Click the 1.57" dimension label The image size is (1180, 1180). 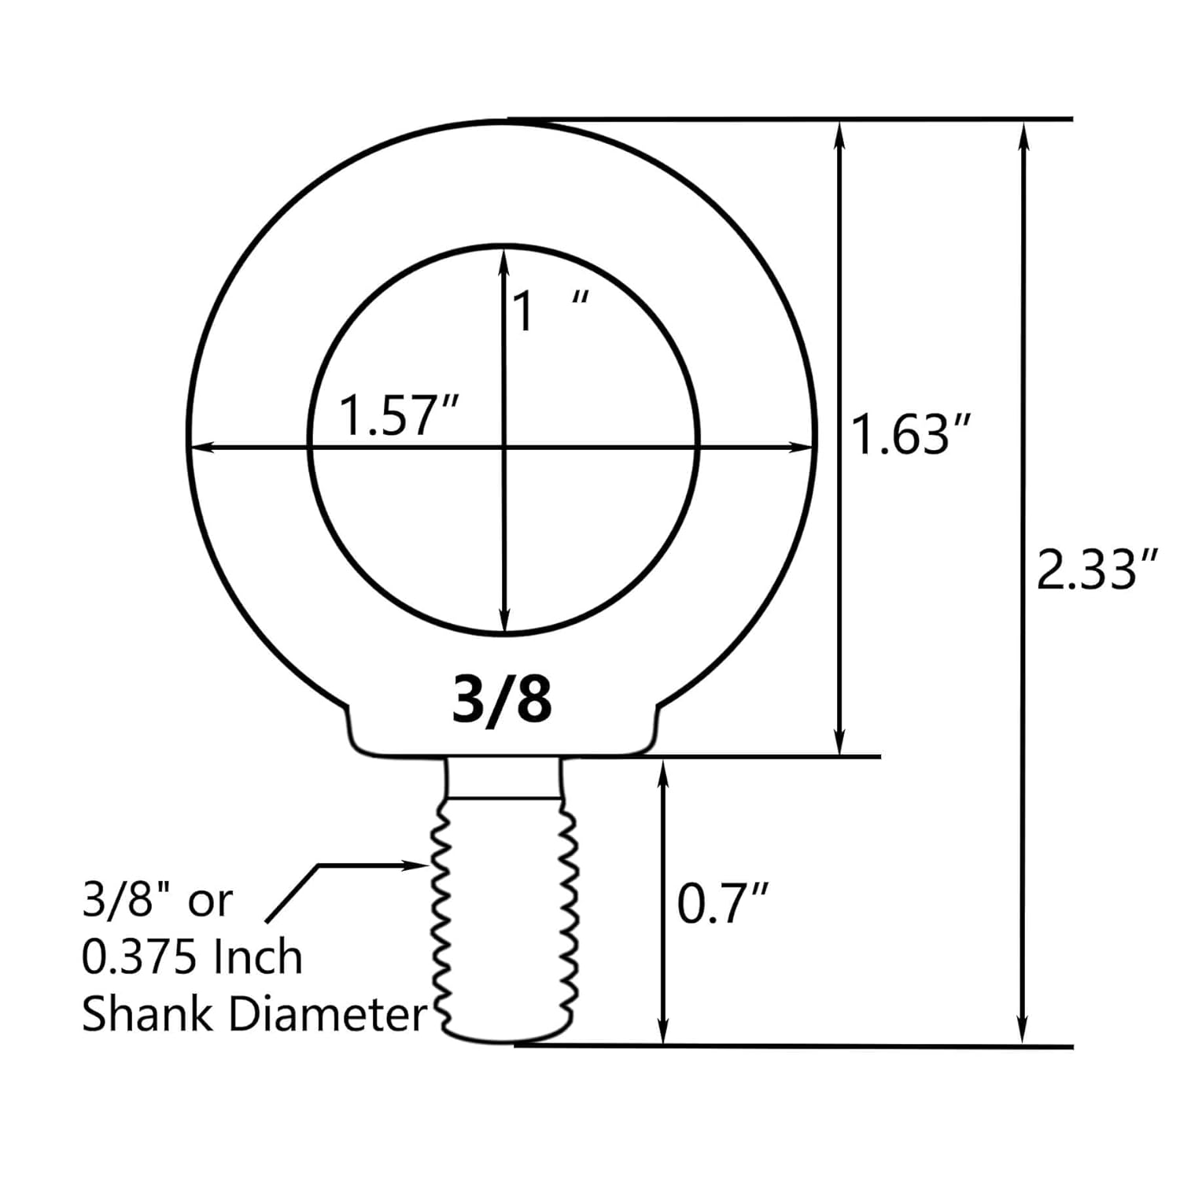click(x=398, y=416)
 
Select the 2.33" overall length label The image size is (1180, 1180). click(x=1097, y=570)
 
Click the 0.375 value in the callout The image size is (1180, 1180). click(x=138, y=957)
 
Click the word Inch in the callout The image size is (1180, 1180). click(x=257, y=957)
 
